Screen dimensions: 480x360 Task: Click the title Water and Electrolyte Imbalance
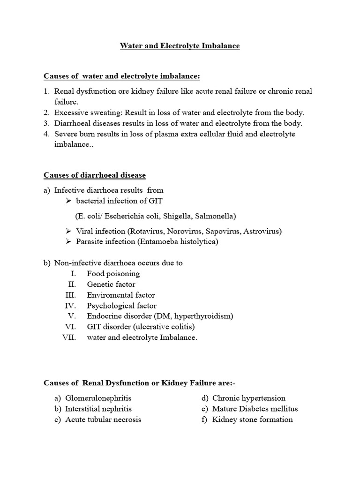(x=180, y=46)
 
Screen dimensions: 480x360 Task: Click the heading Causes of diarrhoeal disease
(x=95, y=175)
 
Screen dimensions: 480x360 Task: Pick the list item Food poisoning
(x=113, y=274)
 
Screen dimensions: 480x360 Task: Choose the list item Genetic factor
(x=111, y=285)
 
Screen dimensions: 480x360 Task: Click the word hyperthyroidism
(x=203, y=316)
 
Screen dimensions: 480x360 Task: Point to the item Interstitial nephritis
(x=98, y=409)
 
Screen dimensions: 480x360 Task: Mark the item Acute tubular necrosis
(x=103, y=420)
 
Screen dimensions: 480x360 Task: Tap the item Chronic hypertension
(x=248, y=398)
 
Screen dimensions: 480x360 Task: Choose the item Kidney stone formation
(x=252, y=420)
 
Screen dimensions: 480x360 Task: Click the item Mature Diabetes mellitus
(x=255, y=409)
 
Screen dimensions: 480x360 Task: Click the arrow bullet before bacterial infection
(x=68, y=201)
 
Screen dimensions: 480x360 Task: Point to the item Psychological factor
(x=122, y=306)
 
